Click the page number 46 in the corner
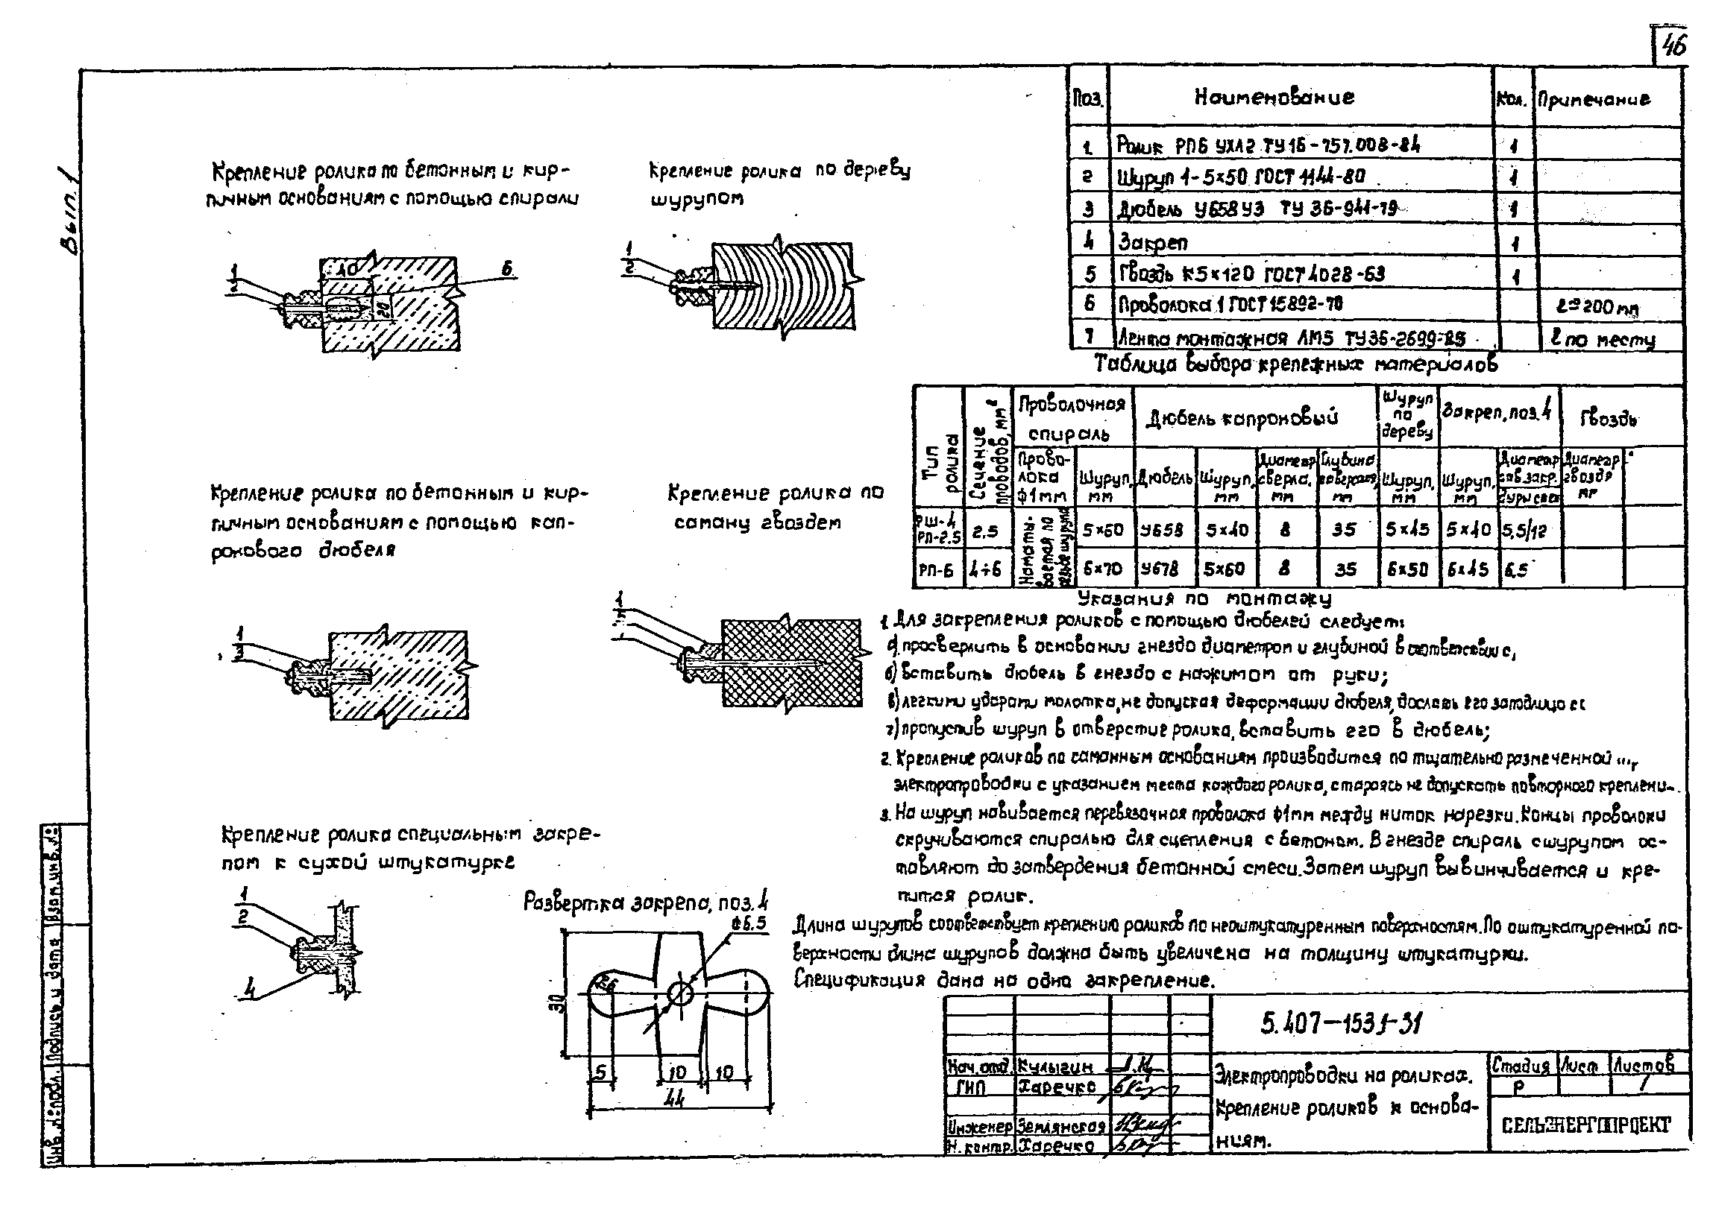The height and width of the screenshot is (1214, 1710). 1673,46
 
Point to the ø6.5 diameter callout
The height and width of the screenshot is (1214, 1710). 749,924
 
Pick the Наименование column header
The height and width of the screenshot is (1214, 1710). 1273,97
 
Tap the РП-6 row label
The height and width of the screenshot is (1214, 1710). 936,571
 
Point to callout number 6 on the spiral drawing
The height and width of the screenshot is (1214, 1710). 508,270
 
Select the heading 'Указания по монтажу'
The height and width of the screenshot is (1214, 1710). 1204,598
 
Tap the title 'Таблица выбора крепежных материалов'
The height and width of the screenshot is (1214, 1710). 1295,365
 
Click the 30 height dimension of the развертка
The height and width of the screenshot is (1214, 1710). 562,1002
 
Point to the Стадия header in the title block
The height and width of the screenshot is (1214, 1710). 1521,1063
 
